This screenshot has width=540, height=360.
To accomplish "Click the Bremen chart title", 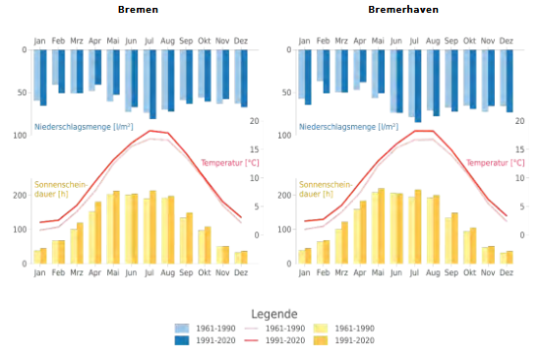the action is [138, 9].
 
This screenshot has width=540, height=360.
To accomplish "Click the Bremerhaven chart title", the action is [403, 9].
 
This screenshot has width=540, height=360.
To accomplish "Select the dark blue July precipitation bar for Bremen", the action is [152, 85].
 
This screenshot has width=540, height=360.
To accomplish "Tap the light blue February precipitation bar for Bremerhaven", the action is [321, 66].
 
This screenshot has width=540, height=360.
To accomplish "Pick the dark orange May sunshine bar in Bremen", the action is [116, 227].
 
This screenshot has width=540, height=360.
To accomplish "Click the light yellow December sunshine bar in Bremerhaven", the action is [504, 259].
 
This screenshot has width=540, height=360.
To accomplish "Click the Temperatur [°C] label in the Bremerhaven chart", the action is [495, 163].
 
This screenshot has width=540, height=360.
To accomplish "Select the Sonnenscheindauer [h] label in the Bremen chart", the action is [61, 189].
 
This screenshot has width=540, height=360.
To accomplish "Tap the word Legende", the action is [274, 314].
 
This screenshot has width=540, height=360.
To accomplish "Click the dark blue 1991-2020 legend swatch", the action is [182, 340].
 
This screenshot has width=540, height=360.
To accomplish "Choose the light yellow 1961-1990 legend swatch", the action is [321, 329].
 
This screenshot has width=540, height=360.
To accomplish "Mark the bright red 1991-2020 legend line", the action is [251, 340].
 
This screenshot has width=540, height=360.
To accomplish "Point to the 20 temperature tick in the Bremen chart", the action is [255, 121].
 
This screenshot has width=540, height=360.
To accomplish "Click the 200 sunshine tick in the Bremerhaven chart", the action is [284, 196].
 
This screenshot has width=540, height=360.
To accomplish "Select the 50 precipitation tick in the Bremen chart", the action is [22, 92].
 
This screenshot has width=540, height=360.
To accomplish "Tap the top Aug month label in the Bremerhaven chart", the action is [433, 41].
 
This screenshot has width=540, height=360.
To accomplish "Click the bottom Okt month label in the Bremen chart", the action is [205, 272].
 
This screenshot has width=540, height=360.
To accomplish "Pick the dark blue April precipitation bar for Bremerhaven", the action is [363, 66].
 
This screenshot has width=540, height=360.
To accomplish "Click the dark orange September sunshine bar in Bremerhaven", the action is [454, 238].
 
